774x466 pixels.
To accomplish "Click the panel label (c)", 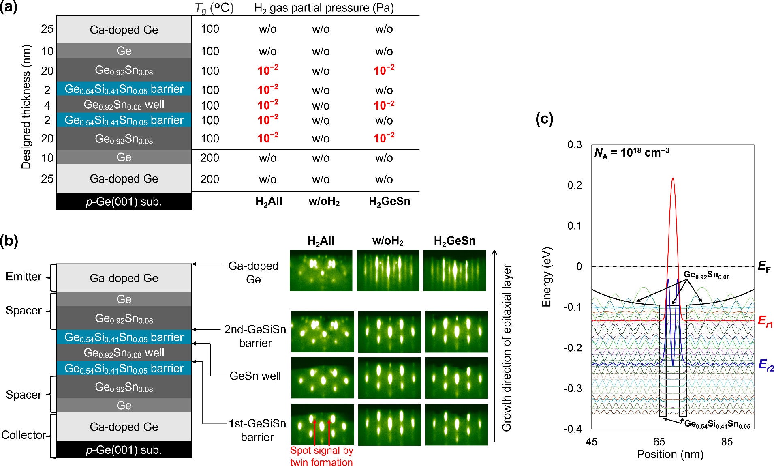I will (x=544, y=119).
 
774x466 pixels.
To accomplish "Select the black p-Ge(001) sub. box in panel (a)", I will (x=124, y=202).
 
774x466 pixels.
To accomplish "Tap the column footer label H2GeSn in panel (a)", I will (x=389, y=202).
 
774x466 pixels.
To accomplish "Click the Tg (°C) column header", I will (x=214, y=8).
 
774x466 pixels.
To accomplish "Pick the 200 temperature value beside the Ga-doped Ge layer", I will (x=210, y=179).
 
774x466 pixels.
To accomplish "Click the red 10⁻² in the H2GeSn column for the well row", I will (x=384, y=105).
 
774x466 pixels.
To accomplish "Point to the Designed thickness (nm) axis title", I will (x=26, y=107).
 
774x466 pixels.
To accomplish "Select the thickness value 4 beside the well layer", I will (x=47, y=105).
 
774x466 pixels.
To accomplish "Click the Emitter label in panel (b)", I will (x=24, y=277).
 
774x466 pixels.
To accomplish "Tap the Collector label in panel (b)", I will (x=24, y=435).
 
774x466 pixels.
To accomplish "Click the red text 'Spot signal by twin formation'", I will (x=321, y=456).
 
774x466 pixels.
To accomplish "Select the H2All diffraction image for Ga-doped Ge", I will (x=321, y=271).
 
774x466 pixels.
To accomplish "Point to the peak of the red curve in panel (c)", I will (x=673, y=178).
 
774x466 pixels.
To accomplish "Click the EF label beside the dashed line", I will (x=764, y=267).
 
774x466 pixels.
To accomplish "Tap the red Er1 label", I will (x=765, y=322).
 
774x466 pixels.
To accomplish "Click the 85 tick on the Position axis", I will (x=727, y=442).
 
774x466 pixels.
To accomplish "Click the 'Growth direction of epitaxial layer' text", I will (x=507, y=348).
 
